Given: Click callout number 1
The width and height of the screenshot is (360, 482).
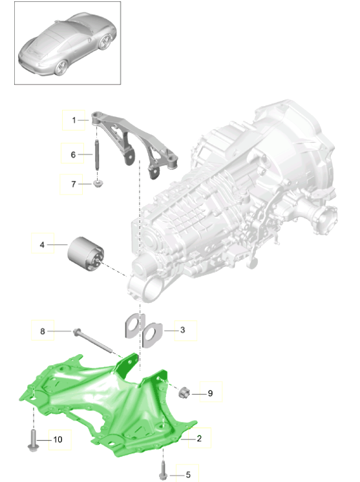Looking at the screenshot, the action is [74, 120].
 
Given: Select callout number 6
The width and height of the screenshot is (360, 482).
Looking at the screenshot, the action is [73, 154].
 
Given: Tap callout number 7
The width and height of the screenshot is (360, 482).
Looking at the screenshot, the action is [74, 184].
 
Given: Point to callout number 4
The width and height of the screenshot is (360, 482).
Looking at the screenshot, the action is [42, 245].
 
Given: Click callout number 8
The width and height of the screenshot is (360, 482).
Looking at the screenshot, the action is [43, 331].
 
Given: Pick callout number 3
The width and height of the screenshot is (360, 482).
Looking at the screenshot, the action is [183, 330].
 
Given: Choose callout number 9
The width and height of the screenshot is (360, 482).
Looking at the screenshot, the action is [210, 393].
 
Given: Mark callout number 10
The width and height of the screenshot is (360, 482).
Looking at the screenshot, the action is [58, 439].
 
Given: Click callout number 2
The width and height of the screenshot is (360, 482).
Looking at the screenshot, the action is [199, 438].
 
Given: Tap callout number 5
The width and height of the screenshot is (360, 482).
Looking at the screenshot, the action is [188, 475].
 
